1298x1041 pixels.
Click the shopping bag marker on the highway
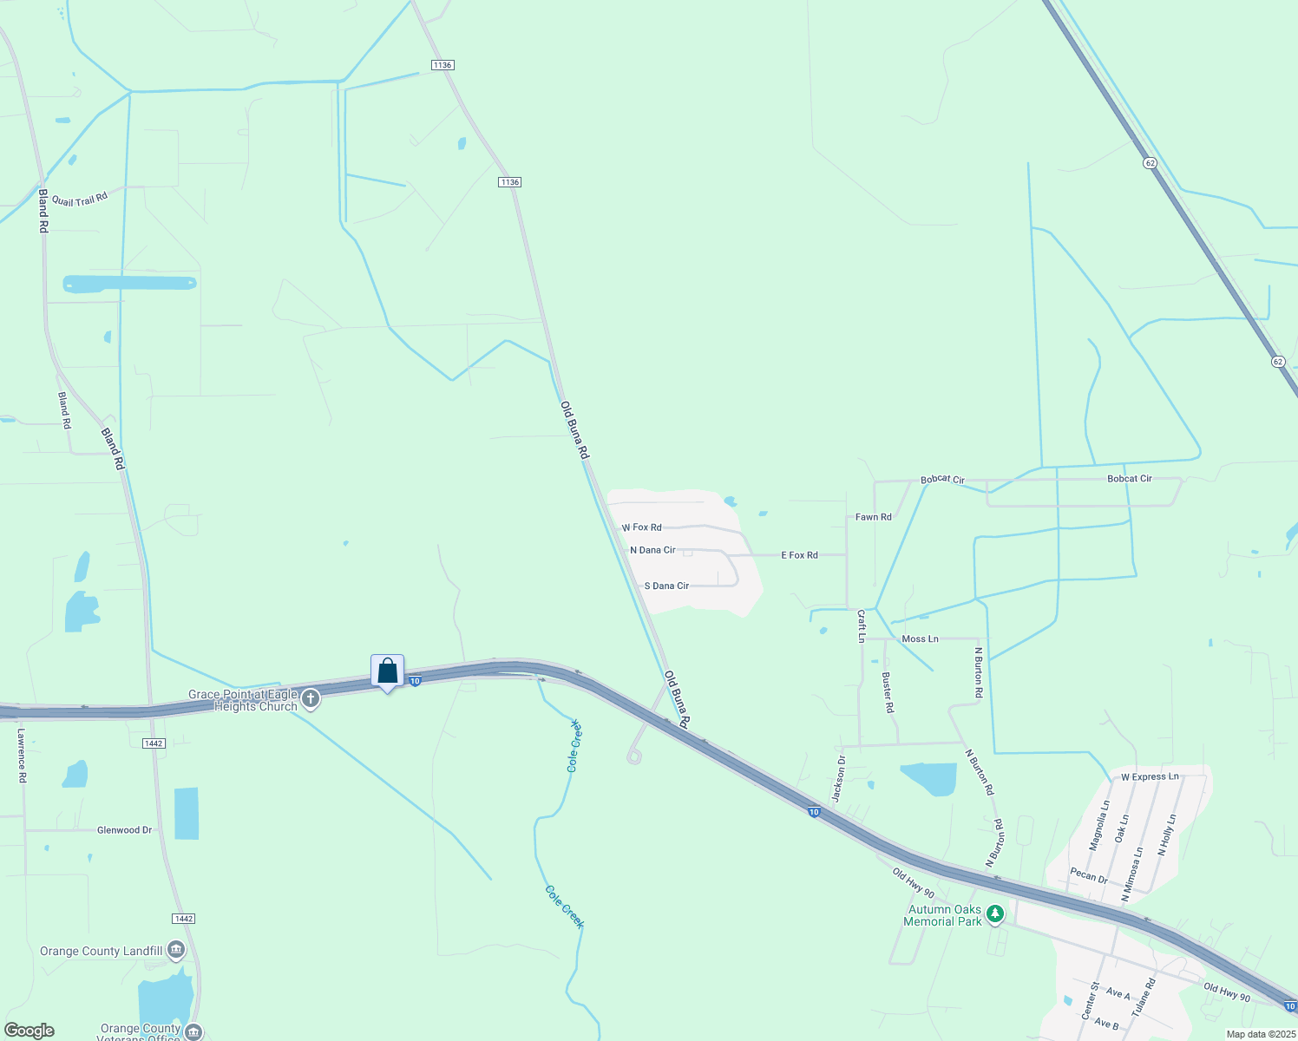click(387, 671)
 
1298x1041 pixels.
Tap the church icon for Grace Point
click(311, 699)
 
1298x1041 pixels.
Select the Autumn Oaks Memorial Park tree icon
click(995, 913)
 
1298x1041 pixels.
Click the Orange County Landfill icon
click(176, 950)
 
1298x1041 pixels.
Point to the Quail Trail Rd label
click(80, 200)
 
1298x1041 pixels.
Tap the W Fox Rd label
click(642, 527)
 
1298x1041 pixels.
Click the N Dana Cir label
click(652, 550)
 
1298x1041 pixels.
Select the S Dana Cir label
click(666, 586)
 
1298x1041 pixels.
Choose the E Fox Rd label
click(799, 555)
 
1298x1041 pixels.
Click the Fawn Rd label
click(873, 517)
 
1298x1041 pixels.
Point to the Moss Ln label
click(920, 639)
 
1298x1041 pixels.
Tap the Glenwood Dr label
click(124, 830)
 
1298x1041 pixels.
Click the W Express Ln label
click(1150, 777)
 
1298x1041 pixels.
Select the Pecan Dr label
click(1088, 875)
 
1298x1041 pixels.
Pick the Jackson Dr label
click(839, 778)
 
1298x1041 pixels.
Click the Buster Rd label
click(888, 692)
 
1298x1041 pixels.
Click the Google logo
click(29, 1031)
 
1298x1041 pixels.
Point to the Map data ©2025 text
click(1260, 1034)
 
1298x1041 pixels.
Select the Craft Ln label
click(862, 625)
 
